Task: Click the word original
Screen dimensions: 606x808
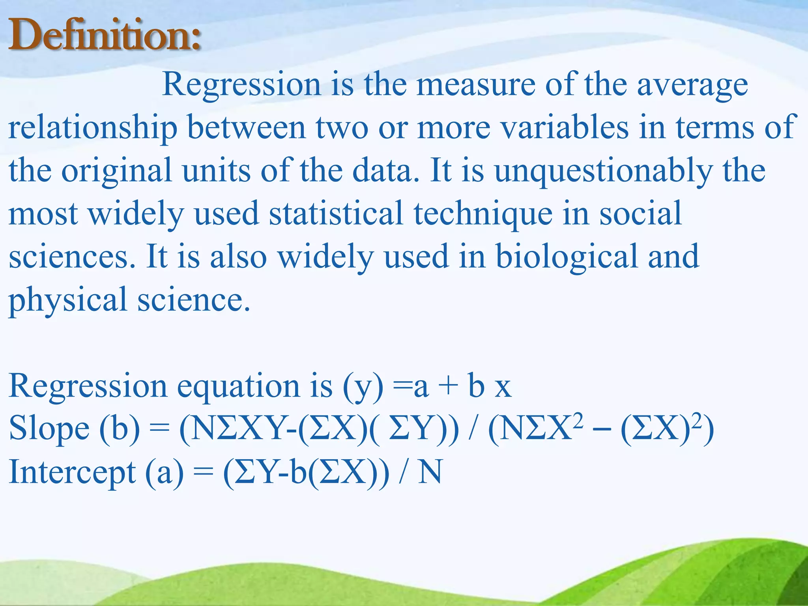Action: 117,171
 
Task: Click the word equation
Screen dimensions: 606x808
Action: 238,387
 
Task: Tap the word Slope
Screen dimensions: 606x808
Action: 49,429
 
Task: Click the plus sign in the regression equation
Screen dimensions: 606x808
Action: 448,387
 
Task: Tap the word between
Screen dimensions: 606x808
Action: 247,128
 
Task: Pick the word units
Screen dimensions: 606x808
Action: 216,171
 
